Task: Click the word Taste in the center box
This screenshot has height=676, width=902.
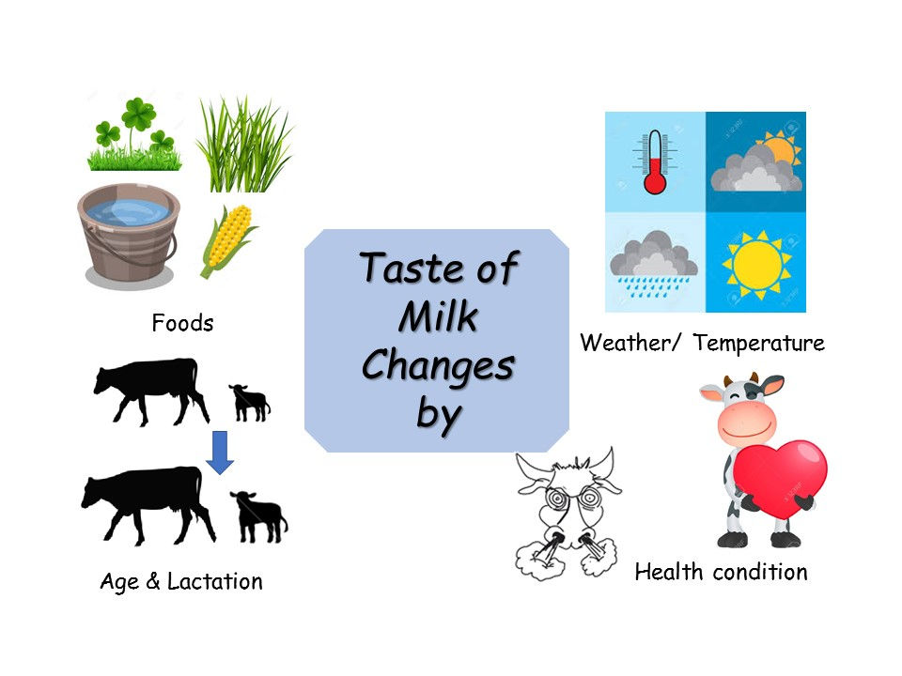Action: (398, 269)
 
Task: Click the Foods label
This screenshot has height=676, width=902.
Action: (182, 324)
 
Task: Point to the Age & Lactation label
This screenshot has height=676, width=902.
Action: (181, 582)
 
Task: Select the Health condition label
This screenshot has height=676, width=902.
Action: (721, 572)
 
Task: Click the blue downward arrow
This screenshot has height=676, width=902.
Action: (220, 451)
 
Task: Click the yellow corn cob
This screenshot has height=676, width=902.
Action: (227, 240)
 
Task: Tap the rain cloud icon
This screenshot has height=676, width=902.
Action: (654, 264)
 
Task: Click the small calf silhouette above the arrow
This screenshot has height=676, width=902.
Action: (249, 401)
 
